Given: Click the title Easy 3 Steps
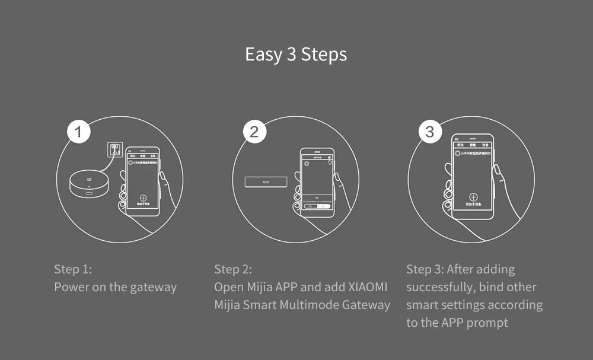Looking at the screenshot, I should [x=296, y=55].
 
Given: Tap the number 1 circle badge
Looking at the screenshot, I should [x=79, y=132].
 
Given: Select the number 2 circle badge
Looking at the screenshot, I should [x=254, y=132].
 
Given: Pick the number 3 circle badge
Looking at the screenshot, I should [x=430, y=132].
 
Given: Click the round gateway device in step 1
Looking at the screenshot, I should [x=88, y=186].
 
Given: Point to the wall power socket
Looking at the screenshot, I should [x=114, y=149].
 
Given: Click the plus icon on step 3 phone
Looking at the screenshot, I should [x=473, y=197].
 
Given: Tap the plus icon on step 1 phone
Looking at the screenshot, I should [x=143, y=199].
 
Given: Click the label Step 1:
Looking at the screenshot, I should [x=73, y=269].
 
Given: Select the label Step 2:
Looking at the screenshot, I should [x=233, y=269].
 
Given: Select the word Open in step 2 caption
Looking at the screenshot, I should [x=228, y=287].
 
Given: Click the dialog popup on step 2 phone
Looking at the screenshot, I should [x=316, y=202].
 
